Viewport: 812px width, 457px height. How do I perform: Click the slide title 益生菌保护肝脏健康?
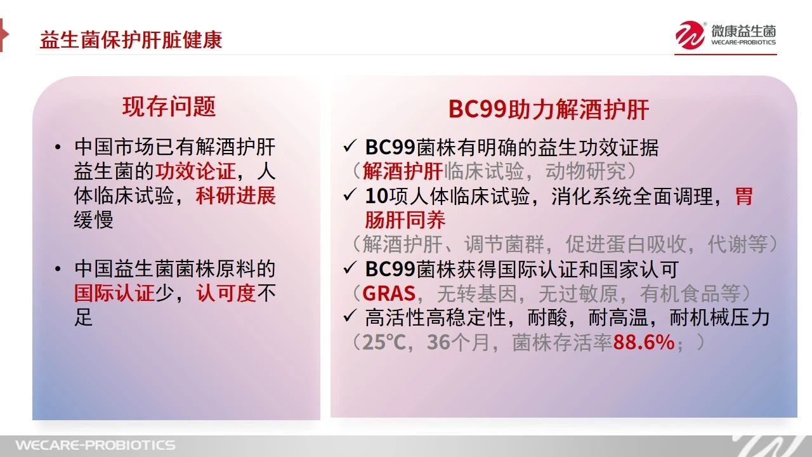click(x=131, y=39)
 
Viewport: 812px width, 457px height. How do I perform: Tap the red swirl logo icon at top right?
click(x=690, y=35)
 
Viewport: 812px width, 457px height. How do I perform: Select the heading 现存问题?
click(x=169, y=107)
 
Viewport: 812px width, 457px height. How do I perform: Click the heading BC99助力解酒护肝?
click(x=549, y=110)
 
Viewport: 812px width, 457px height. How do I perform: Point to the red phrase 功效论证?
click(x=195, y=171)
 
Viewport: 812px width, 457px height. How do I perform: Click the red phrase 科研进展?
click(x=235, y=196)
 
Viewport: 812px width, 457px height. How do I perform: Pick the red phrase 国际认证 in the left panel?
click(x=114, y=293)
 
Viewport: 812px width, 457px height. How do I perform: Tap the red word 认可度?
click(x=226, y=293)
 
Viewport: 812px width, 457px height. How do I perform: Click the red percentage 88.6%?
click(x=644, y=342)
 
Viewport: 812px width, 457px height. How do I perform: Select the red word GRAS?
click(x=389, y=293)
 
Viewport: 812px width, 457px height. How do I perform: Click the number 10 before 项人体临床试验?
click(x=377, y=196)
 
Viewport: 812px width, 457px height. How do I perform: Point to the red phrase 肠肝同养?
click(x=405, y=220)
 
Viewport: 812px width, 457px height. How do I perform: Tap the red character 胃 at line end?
click(x=744, y=196)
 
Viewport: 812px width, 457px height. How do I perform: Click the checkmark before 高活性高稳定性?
click(x=350, y=316)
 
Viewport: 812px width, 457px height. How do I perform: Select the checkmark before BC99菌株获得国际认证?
click(x=350, y=268)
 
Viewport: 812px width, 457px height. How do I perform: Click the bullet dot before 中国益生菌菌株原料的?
click(x=58, y=269)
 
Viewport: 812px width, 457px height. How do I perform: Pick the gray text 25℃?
click(x=384, y=342)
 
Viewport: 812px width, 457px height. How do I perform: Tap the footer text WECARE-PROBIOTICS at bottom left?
click(x=95, y=445)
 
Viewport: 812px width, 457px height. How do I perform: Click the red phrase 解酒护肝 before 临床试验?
click(x=403, y=171)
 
